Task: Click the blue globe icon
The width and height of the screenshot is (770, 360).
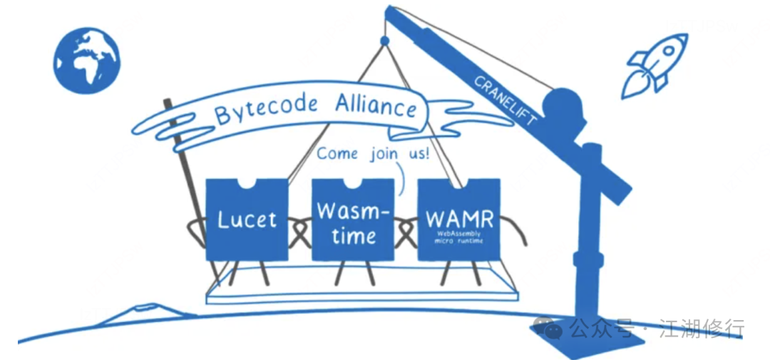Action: point(86,60)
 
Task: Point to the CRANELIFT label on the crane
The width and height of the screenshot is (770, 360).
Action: point(505,100)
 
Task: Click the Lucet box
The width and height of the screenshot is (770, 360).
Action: point(247,220)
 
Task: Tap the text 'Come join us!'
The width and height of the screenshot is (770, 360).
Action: point(373,153)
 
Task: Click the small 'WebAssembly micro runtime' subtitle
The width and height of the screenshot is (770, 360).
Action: point(459,237)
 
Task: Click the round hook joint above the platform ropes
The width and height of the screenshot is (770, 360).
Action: point(385,41)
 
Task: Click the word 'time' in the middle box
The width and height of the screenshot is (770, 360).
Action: point(354,236)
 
